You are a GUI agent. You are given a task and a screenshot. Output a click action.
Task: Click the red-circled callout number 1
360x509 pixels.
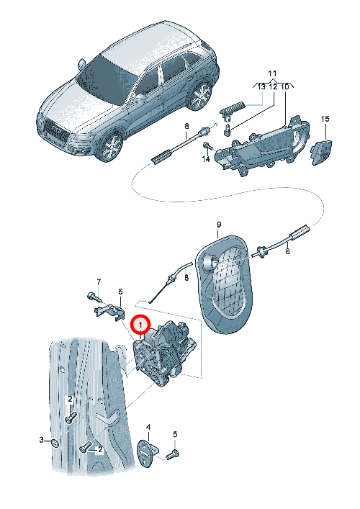[x=140, y=325]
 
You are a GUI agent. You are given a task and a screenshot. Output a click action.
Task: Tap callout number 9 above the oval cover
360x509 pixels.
[x=219, y=225]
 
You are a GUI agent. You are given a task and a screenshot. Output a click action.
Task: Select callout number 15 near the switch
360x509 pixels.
[x=325, y=119]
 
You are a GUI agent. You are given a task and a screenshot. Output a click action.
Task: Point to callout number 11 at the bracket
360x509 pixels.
[x=272, y=73]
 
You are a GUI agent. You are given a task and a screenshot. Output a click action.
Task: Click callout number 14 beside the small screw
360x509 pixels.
[x=206, y=159]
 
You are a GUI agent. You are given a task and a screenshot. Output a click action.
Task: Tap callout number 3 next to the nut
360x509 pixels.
[x=42, y=440]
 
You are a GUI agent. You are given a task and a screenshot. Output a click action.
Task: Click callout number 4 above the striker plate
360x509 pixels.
[x=148, y=427]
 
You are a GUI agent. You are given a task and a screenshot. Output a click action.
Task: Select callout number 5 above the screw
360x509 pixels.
[x=175, y=434]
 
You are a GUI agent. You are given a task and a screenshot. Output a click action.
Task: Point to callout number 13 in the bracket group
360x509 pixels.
[x=261, y=87]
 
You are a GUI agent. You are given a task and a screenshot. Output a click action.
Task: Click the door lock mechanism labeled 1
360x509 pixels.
[x=165, y=353]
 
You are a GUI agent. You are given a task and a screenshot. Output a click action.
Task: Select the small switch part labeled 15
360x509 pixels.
[x=322, y=152]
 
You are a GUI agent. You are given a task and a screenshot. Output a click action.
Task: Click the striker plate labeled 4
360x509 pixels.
[x=148, y=453]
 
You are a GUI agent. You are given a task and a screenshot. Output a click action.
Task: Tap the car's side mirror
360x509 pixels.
[x=81, y=65]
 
